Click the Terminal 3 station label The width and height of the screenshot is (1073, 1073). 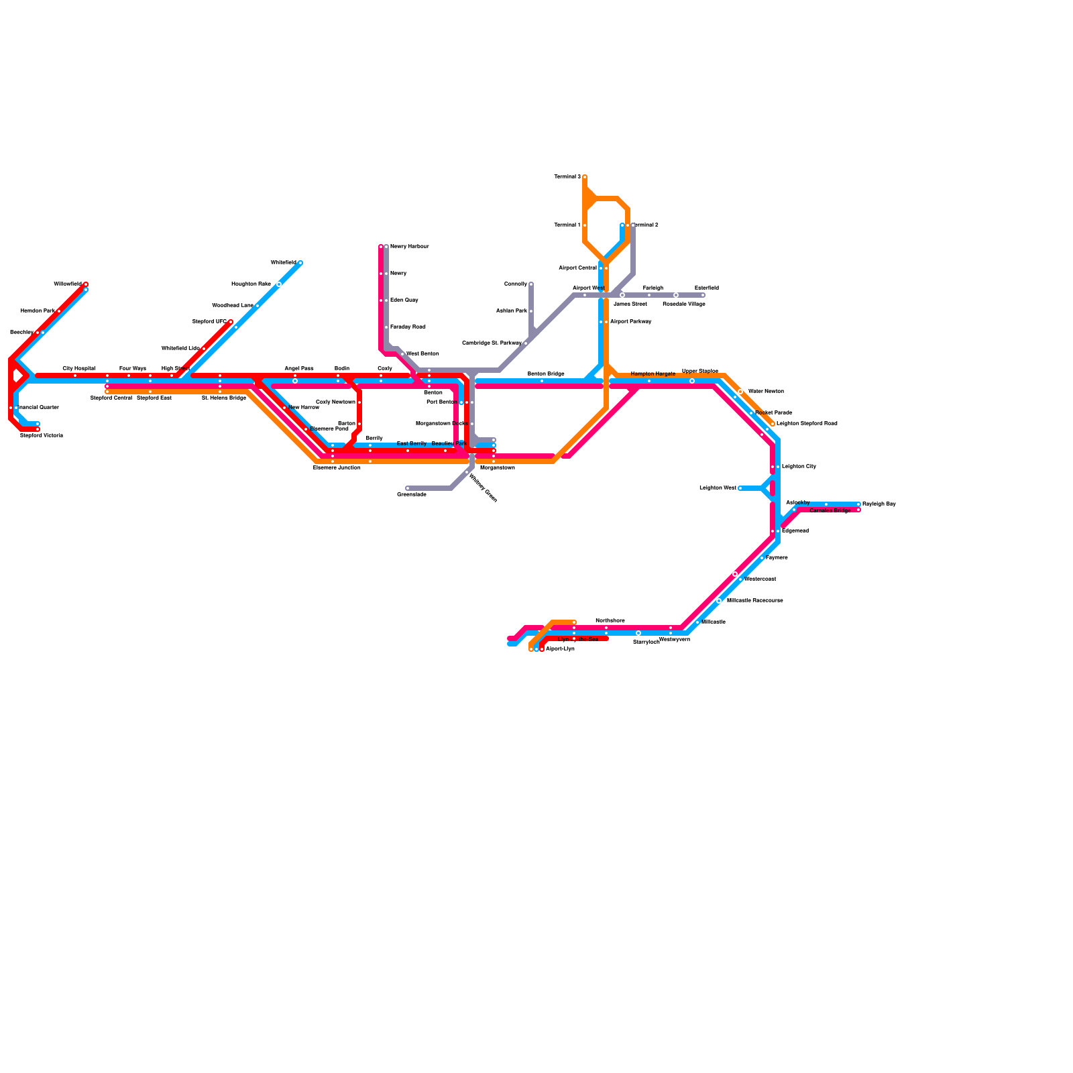(567, 177)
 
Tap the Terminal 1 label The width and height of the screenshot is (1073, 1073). (567, 225)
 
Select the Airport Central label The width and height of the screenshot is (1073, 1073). (577, 268)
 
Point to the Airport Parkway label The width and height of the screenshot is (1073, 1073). (630, 322)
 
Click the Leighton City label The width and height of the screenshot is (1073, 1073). (799, 467)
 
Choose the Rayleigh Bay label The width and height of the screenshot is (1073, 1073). (879, 504)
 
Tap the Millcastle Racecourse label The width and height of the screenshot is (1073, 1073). (754, 601)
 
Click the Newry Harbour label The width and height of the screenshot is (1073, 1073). (409, 247)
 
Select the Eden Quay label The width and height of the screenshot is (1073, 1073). (404, 300)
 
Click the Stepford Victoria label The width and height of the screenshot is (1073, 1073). (42, 436)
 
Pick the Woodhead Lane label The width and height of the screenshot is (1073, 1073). (233, 306)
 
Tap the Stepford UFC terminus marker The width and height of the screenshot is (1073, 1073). (231, 322)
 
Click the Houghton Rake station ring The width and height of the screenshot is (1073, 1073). (279, 284)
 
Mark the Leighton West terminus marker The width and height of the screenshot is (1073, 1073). (740, 488)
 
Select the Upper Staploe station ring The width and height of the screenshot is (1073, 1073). (692, 381)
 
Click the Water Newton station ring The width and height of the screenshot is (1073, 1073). (740, 392)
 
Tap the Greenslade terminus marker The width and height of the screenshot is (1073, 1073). (408, 488)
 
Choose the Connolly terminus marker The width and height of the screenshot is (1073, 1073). (531, 284)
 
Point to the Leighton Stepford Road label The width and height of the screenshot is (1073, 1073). (807, 424)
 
